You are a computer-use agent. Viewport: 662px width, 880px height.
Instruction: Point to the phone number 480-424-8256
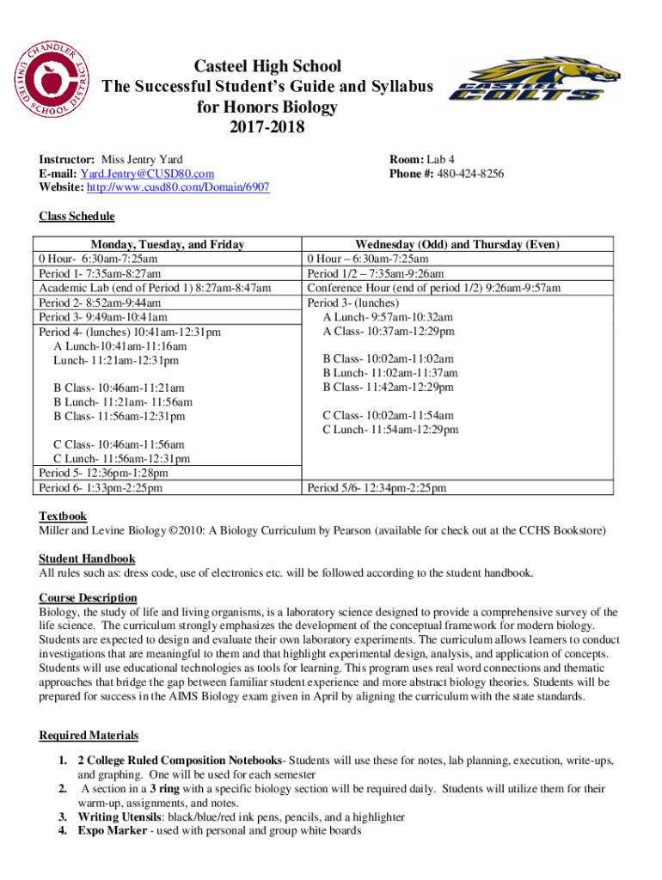coord(470,174)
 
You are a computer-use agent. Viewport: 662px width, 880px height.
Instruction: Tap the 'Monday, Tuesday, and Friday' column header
coord(168,245)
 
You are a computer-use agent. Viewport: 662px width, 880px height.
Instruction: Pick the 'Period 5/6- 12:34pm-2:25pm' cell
coord(377,488)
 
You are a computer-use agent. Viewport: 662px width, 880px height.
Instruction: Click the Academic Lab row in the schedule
coord(155,288)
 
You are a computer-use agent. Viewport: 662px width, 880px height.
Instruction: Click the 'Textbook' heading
coord(63,516)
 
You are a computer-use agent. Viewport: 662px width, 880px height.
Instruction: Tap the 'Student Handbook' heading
coord(87,559)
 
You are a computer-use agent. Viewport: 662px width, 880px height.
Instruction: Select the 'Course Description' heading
coord(88,597)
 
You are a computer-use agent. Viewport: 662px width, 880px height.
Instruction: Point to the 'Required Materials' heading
coord(89,736)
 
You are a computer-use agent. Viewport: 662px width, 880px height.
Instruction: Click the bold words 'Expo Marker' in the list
coord(109,831)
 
